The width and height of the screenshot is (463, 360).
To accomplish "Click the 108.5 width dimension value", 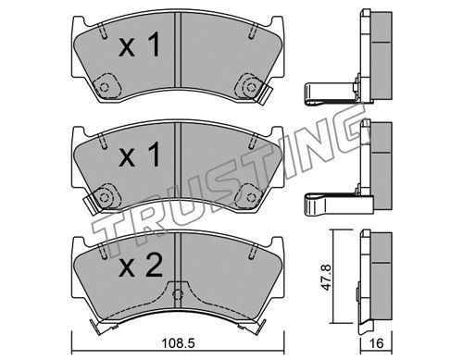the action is [x=180, y=343].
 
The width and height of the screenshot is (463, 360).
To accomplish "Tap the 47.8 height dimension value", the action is [x=326, y=278].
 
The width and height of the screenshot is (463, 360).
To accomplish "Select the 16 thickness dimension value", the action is [x=376, y=343].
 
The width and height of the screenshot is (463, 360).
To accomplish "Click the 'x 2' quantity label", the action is [x=141, y=267].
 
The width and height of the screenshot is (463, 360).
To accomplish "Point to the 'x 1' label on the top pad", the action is [x=140, y=45].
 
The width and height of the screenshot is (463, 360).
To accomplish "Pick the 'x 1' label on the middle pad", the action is [x=140, y=155].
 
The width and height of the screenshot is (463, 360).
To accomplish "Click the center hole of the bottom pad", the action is [x=178, y=294].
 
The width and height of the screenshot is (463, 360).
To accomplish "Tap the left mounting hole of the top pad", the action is [x=105, y=87].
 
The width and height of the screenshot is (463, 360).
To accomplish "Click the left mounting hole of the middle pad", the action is [x=105, y=196].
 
